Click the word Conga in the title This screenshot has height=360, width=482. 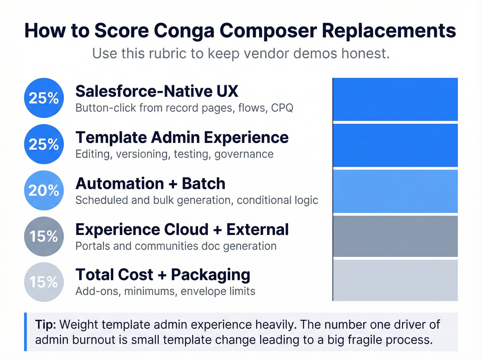(184, 31)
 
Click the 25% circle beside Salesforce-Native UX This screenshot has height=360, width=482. (44, 98)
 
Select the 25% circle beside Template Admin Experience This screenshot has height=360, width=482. (44, 144)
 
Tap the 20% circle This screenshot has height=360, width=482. (44, 191)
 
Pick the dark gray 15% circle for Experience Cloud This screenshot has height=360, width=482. (44, 236)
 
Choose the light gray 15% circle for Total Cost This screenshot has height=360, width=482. (44, 282)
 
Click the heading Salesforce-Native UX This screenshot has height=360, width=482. (157, 91)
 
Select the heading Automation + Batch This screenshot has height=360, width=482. (150, 184)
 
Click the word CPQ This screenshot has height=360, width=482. (282, 108)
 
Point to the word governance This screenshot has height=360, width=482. (244, 154)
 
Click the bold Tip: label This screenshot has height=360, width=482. (45, 325)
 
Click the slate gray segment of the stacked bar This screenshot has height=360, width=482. (395, 236)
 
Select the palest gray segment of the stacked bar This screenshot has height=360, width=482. (395, 280)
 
